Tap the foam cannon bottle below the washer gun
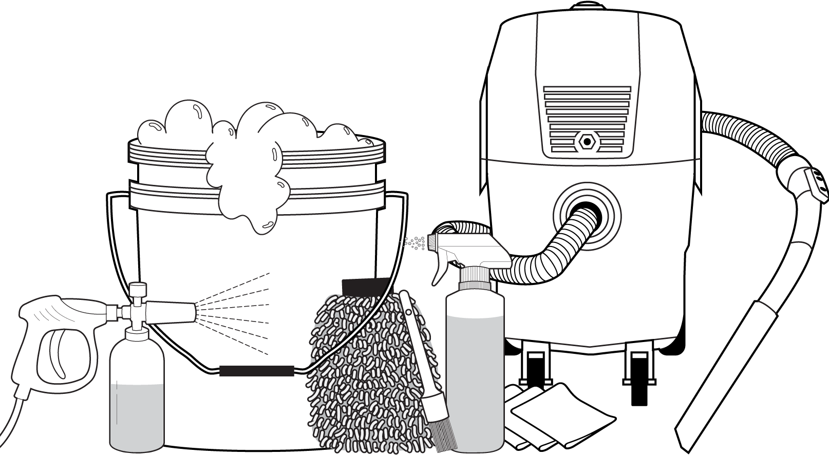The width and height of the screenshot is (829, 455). point(137,390)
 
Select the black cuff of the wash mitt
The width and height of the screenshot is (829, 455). point(366,285)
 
